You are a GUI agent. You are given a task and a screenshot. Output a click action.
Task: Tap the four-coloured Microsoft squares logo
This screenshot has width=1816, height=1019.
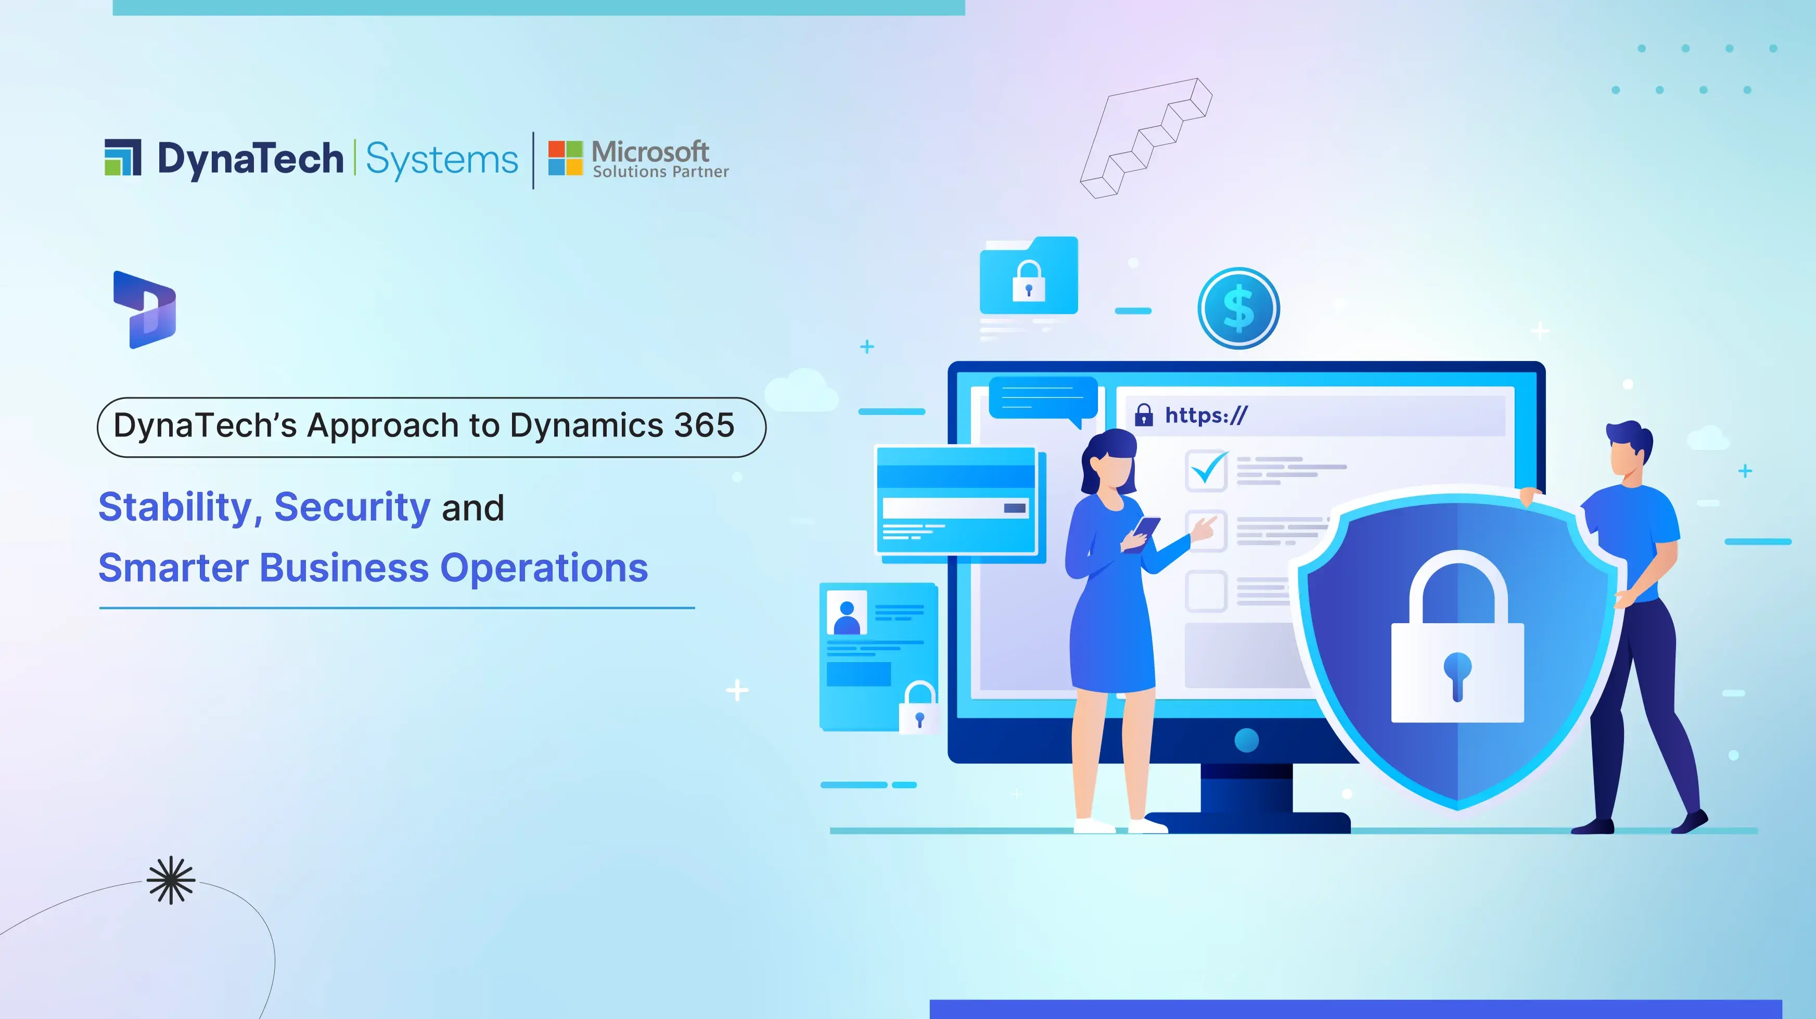tap(566, 158)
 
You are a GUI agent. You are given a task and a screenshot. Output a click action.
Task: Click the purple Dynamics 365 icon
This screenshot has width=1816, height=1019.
tap(145, 310)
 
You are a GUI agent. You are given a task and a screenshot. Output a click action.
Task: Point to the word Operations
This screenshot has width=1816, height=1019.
tap(544, 569)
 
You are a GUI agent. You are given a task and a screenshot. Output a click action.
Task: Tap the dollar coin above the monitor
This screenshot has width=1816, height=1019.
tap(1238, 308)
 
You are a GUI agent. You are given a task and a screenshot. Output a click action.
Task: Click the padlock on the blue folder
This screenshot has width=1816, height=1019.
tap(1029, 280)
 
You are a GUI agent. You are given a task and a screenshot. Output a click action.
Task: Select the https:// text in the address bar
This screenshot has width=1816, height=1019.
tap(1206, 415)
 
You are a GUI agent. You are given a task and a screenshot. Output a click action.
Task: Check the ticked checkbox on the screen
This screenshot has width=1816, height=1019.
tap(1207, 469)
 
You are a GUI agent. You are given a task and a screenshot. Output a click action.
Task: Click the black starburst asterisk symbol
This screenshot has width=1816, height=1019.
tap(171, 880)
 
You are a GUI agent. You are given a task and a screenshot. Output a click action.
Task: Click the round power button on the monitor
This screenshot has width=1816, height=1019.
tap(1246, 740)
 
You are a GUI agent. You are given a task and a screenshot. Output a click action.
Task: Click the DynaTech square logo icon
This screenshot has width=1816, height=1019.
tap(123, 157)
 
